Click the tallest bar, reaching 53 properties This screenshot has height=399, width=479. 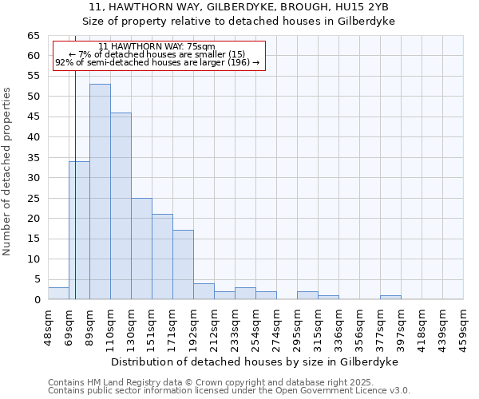point(100,192)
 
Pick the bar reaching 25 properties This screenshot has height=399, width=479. point(141,248)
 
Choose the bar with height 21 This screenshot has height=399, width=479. point(162,256)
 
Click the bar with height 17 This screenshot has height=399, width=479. point(183,264)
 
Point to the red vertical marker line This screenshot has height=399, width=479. point(75,160)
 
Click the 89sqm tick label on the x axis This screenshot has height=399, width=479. point(89,326)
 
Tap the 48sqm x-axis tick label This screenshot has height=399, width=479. point(48,326)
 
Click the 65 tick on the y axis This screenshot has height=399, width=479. point(34,36)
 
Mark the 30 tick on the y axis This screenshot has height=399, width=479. point(34,178)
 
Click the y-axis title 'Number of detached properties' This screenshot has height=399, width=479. point(8,171)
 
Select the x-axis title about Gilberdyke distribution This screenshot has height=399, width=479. point(254,361)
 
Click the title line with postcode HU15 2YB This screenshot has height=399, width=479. point(239,6)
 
